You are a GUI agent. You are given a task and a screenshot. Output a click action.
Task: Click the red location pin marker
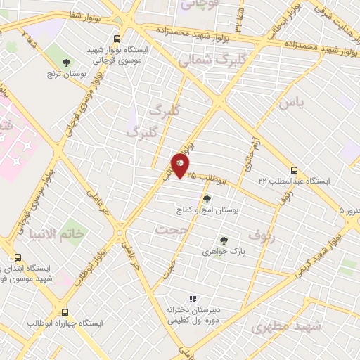(181, 167)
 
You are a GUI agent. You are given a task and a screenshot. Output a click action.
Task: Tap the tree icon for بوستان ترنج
(67, 63)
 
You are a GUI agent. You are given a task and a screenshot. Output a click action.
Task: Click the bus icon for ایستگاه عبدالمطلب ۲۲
(294, 169)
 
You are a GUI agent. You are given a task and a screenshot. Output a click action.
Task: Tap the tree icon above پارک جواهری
(224, 240)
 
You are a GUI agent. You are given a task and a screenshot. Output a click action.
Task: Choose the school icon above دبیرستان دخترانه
(192, 300)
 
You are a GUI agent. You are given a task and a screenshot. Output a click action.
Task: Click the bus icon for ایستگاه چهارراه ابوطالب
(65, 312)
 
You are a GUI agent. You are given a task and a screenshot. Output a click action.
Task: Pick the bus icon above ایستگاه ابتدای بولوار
(18, 257)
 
